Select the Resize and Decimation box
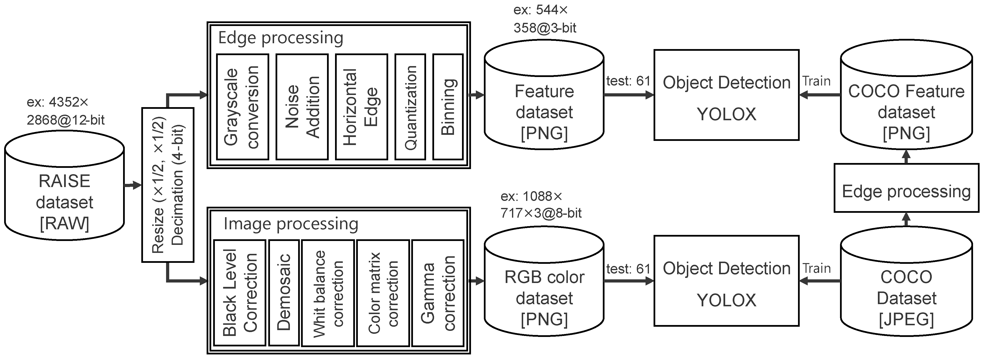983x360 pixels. pyautogui.click(x=168, y=185)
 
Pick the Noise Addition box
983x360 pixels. pyautogui.click(x=302, y=107)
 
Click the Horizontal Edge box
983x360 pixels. pyautogui.click(x=361, y=107)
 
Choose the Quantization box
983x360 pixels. pyautogui.click(x=410, y=107)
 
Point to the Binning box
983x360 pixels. pyautogui.click(x=448, y=107)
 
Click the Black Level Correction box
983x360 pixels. pyautogui.click(x=240, y=293)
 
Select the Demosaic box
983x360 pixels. pyautogui.click(x=284, y=293)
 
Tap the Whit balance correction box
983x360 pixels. pyautogui.click(x=328, y=293)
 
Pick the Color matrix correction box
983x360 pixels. pyautogui.click(x=383, y=293)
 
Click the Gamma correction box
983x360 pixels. pyautogui.click(x=438, y=293)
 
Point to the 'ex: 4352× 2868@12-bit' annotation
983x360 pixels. pyautogui.click(x=65, y=111)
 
